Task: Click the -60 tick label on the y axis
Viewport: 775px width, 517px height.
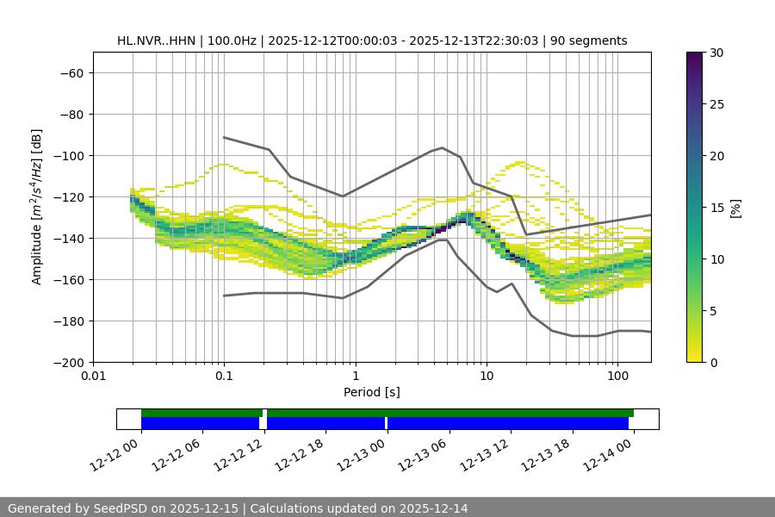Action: pos(71,73)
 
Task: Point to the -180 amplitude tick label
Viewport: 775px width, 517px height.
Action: pos(68,321)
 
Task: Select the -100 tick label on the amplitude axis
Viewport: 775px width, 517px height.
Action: pos(68,156)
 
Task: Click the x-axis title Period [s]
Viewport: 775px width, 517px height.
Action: pos(371,393)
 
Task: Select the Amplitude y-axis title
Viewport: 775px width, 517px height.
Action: pos(37,207)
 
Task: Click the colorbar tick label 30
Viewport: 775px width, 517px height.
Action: pos(716,53)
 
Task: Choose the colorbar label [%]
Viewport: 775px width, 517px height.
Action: pos(735,208)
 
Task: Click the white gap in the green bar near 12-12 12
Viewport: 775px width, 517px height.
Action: pos(264,414)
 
